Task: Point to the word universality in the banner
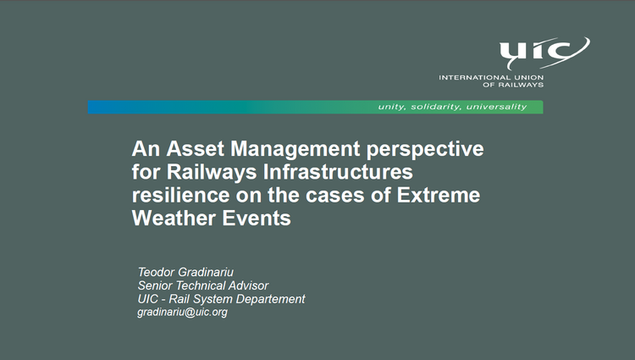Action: (496, 107)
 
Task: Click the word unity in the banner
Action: (392, 108)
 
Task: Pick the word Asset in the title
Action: (196, 148)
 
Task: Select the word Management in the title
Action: (295, 150)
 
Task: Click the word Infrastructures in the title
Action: (338, 172)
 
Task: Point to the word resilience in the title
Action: (180, 195)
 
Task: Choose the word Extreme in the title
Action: (439, 195)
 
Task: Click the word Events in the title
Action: (257, 219)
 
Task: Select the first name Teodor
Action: (156, 272)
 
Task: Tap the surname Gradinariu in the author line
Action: (206, 272)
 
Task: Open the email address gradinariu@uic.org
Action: (182, 313)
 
